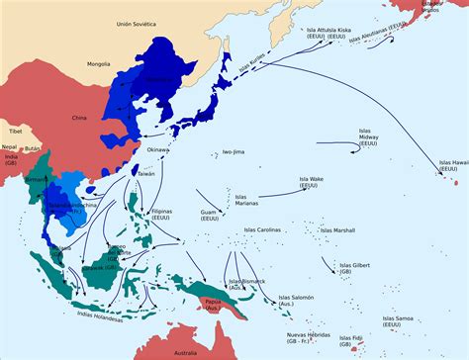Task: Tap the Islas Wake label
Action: [x=317, y=184]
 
